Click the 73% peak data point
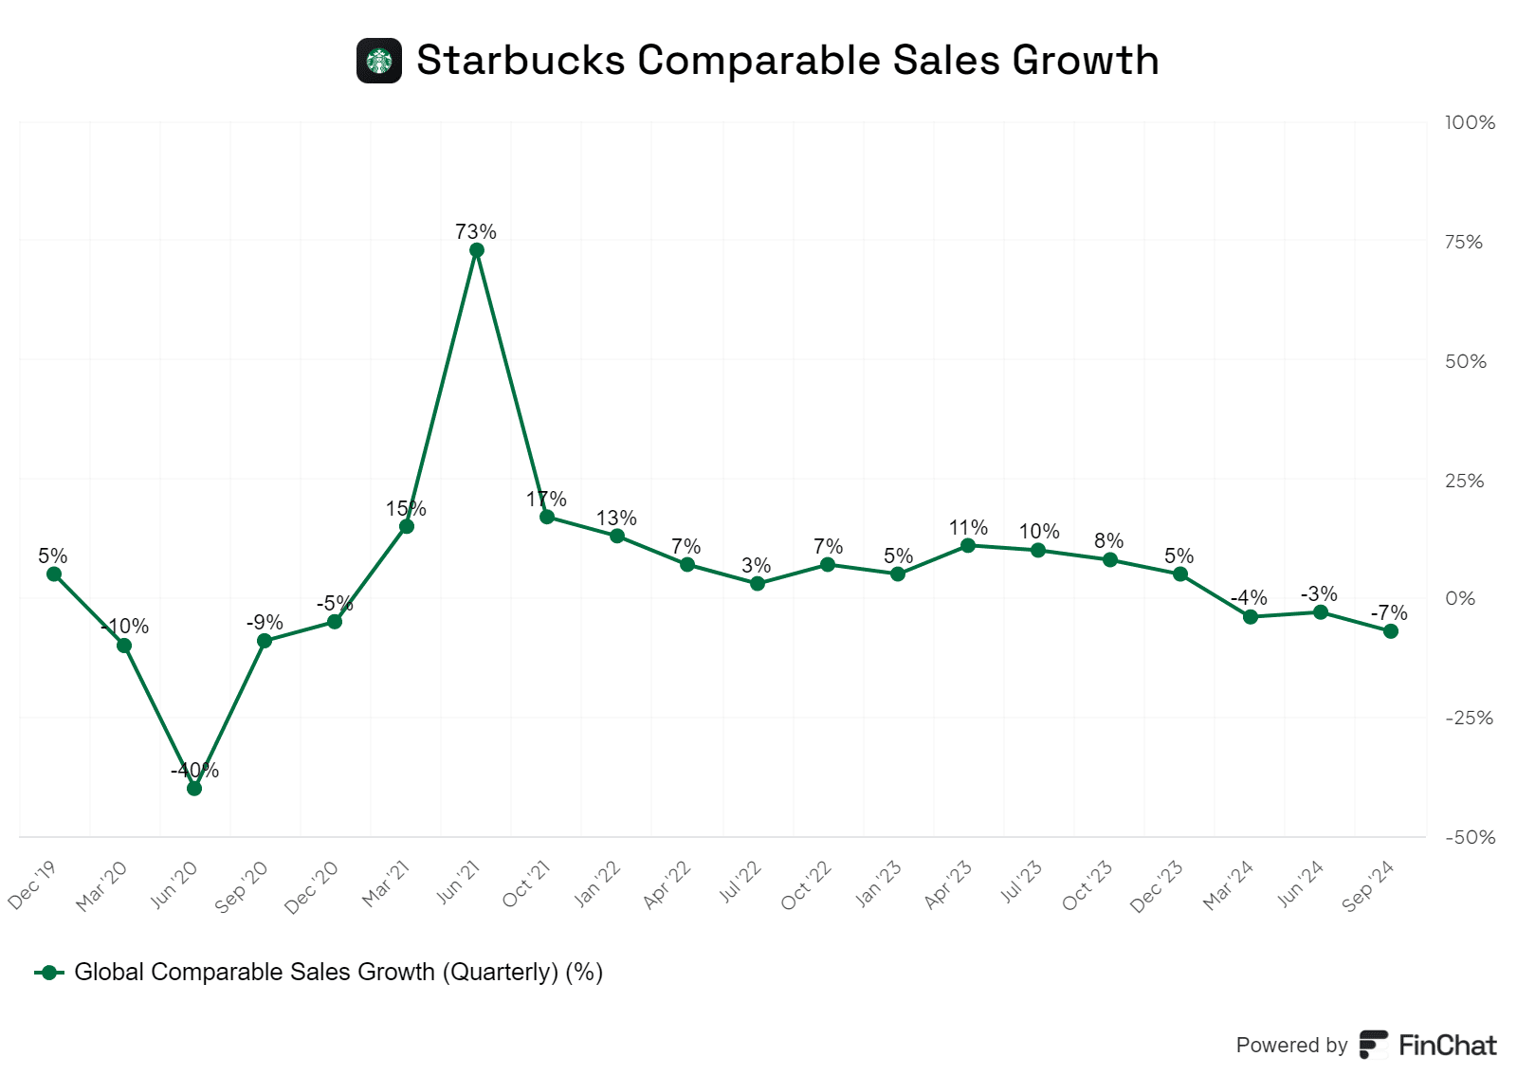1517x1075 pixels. pyautogui.click(x=477, y=250)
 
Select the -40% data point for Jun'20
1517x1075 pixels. pyautogui.click(x=194, y=788)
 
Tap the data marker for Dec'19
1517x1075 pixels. pyautogui.click(x=54, y=574)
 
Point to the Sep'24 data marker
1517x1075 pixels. pyautogui.click(x=1391, y=630)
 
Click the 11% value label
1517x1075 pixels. pyautogui.click(x=968, y=528)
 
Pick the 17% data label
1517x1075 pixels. pyautogui.click(x=546, y=500)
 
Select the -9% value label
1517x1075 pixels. pyautogui.click(x=265, y=623)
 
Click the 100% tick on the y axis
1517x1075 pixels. pyautogui.click(x=1469, y=123)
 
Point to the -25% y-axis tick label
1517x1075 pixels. pyautogui.click(x=1468, y=719)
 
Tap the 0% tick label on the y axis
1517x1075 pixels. pyautogui.click(x=1460, y=599)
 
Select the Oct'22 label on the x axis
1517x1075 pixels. pyautogui.click(x=806, y=885)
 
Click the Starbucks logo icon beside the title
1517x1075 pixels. pyautogui.click(x=379, y=61)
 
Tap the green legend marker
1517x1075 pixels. pyautogui.click(x=49, y=973)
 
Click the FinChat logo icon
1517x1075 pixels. pyautogui.click(x=1373, y=1045)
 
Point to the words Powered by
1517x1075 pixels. pyautogui.click(x=1291, y=1046)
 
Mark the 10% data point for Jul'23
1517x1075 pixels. pyautogui.click(x=1038, y=550)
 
